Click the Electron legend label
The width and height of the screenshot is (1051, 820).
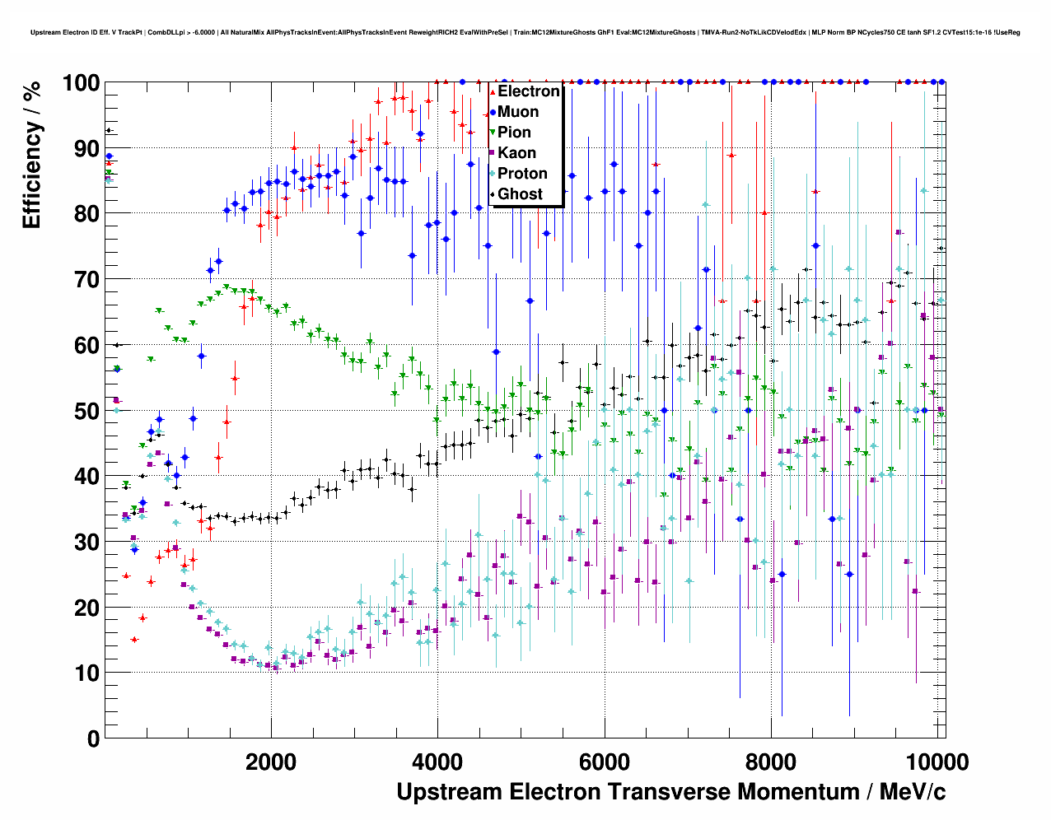(528, 91)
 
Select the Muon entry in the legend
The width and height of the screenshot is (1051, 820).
(518, 112)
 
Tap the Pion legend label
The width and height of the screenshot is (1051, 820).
(514, 133)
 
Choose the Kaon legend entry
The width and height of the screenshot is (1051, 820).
(516, 153)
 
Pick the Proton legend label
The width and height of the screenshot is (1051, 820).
(522, 174)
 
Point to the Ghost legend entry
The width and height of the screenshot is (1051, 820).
(520, 194)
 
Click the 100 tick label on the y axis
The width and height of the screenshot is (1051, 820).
(81, 83)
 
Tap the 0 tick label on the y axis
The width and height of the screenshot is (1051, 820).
(93, 738)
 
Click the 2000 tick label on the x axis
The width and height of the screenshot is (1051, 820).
(271, 762)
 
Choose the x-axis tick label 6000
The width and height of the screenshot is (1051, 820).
(605, 762)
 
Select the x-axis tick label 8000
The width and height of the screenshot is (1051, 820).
(771, 762)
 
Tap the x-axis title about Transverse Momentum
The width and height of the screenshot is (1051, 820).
(670, 792)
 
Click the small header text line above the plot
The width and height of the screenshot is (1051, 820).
(525, 33)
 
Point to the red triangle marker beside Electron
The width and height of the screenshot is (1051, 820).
(493, 91)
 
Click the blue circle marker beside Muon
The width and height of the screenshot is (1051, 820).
(493, 112)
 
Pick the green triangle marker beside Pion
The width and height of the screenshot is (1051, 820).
(493, 133)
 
